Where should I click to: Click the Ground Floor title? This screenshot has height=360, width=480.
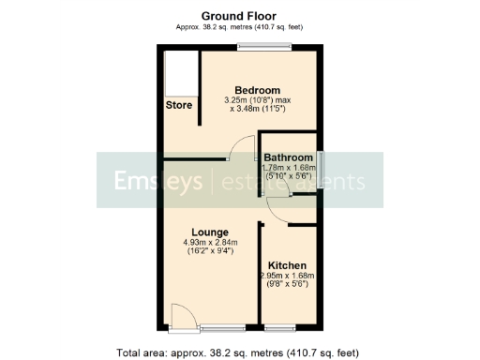tap(239, 15)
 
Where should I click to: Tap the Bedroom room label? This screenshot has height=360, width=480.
tap(257, 90)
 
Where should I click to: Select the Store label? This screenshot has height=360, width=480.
tap(179, 106)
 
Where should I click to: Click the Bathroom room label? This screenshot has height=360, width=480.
tap(288, 157)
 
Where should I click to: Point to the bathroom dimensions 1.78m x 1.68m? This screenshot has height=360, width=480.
tap(288, 168)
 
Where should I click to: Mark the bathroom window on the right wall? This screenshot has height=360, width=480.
tap(321, 171)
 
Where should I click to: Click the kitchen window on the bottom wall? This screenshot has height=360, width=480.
tap(280, 328)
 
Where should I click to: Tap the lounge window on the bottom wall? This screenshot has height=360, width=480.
tap(221, 328)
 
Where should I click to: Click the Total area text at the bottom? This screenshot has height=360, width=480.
tap(238, 352)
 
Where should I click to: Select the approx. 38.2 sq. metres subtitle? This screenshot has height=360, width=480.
tap(239, 26)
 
